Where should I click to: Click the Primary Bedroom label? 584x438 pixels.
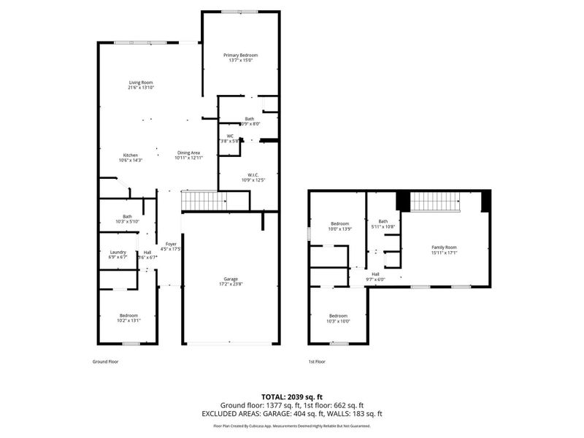[240, 58]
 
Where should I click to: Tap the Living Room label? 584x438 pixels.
[141, 85]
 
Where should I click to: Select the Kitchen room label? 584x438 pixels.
[131, 157]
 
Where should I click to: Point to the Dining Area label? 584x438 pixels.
[188, 155]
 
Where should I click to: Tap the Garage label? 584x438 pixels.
[231, 281]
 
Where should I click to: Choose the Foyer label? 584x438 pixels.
[171, 246]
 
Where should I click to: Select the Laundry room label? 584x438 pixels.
[118, 254]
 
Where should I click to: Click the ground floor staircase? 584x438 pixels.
[200, 199]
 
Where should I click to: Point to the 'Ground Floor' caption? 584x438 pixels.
[105, 361]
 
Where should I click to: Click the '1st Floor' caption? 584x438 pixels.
[317, 361]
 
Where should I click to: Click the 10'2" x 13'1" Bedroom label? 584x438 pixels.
[128, 318]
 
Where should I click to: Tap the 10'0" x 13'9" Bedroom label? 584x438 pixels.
[341, 226]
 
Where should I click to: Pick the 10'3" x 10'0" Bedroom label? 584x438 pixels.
[339, 319]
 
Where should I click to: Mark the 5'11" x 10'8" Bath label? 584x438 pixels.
[383, 223]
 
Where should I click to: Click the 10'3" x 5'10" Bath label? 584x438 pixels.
[127, 219]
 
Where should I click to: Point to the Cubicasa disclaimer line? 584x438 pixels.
[291, 426]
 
